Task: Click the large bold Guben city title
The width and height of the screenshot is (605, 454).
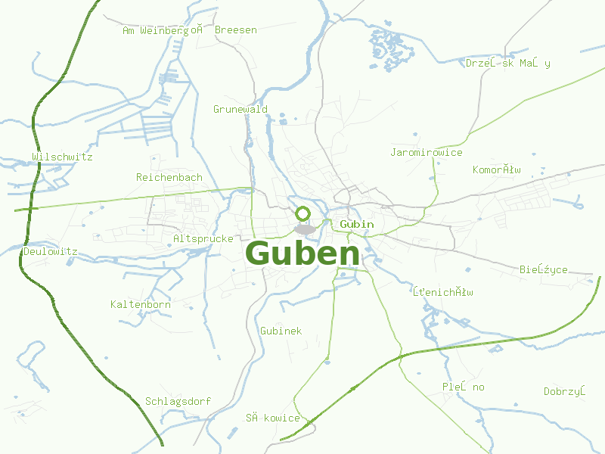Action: click(x=302, y=253)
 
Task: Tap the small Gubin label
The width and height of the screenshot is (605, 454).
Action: click(x=357, y=224)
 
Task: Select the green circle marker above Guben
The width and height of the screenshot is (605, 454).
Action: click(x=303, y=213)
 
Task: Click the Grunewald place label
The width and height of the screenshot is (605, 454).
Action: click(x=240, y=110)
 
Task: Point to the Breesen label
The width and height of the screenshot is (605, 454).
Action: click(x=236, y=30)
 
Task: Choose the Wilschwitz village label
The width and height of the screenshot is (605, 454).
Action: click(x=62, y=157)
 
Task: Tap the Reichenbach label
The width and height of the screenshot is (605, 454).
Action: click(x=169, y=178)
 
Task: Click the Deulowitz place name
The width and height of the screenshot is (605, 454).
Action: click(x=51, y=251)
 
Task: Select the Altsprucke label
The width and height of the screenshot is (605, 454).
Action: click(x=203, y=238)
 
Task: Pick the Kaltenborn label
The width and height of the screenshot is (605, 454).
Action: click(x=141, y=304)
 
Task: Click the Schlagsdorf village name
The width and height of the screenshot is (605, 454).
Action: click(x=178, y=401)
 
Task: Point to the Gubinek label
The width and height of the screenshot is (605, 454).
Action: click(x=281, y=331)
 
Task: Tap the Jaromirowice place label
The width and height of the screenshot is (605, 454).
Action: click(x=427, y=153)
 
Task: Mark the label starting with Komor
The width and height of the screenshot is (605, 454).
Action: click(x=497, y=169)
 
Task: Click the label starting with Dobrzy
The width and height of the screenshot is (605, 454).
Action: click(x=565, y=391)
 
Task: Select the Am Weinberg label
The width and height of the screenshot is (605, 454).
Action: click(x=163, y=30)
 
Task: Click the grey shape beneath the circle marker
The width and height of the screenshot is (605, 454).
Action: click(x=306, y=229)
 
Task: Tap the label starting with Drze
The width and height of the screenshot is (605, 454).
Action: click(x=508, y=63)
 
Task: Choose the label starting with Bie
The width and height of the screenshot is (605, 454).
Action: click(x=544, y=269)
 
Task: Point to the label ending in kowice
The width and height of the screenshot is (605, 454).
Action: click(x=273, y=418)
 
